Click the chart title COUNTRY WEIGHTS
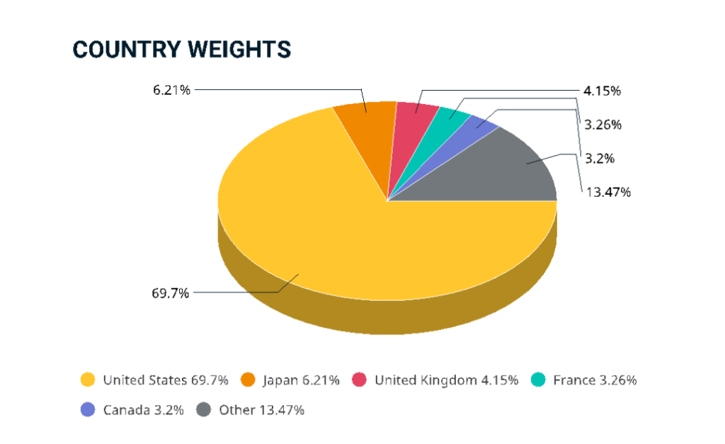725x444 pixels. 182,50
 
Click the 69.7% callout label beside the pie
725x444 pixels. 171,292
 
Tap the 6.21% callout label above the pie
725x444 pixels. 171,90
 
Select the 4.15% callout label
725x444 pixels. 603,91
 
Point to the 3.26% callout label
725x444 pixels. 603,125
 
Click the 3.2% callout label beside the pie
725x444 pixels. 599,158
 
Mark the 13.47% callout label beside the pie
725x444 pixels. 607,192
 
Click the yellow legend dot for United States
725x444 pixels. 88,380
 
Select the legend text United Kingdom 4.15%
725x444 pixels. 446,380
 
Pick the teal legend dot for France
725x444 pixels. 540,380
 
